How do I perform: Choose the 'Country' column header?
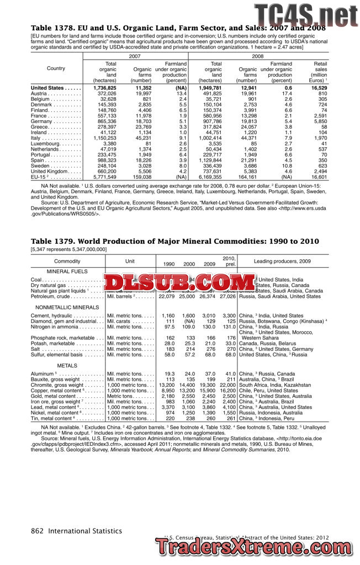(x=56, y=68)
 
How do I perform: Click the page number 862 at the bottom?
(x=37, y=531)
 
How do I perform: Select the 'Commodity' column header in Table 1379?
(x=67, y=261)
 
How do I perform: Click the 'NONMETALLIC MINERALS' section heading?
(x=67, y=307)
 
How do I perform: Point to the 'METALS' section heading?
(x=67, y=366)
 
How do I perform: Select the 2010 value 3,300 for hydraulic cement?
(x=229, y=316)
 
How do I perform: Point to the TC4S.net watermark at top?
(x=305, y=15)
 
